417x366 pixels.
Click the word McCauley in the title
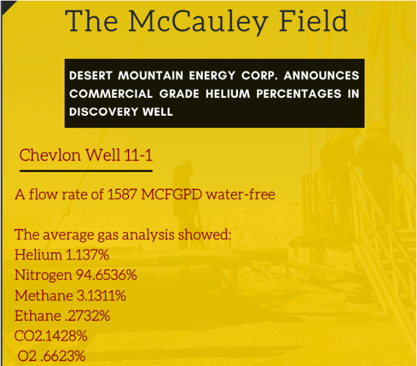[198, 22]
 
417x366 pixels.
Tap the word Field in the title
[313, 20]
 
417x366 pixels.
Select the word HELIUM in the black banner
[228, 93]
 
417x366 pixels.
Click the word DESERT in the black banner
[91, 76]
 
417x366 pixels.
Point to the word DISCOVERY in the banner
[104, 112]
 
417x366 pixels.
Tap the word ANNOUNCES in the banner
[321, 76]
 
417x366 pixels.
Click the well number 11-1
[138, 155]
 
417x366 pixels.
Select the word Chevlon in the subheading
[50, 155]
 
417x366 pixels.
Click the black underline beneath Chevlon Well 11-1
[86, 171]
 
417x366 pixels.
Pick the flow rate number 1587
[122, 195]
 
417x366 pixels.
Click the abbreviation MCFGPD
[171, 195]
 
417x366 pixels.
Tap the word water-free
[240, 195]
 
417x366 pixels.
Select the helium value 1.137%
[87, 255]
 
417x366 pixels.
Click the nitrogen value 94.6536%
[106, 275]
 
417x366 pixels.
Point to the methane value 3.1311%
[101, 296]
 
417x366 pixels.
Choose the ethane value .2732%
[87, 315]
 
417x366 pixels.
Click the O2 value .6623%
[63, 356]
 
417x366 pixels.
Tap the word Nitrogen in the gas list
[43, 276]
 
